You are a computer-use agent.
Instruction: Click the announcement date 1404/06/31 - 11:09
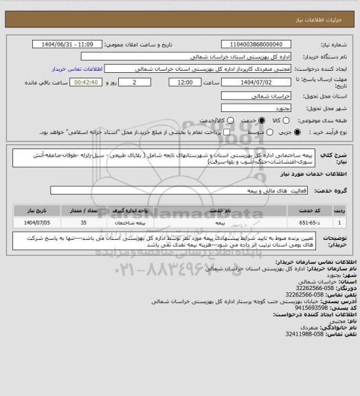point(67,44)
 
